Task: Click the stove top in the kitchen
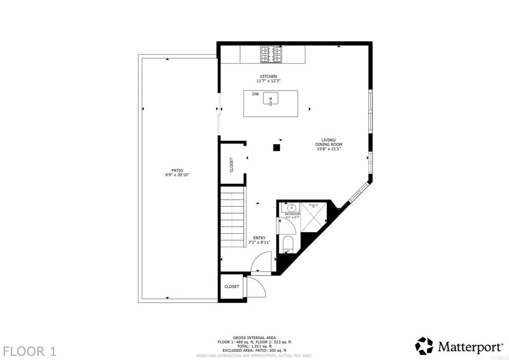pos(271,54)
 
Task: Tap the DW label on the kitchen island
pos(255,94)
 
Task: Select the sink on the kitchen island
pos(271,98)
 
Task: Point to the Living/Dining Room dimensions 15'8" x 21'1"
pos(329,149)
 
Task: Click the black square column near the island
pos(277,147)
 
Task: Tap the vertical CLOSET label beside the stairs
pos(232,165)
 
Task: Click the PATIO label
pos(177,171)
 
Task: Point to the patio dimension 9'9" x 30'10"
pos(177,175)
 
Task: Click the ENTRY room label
pos(259,238)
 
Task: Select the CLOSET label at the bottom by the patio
pos(232,287)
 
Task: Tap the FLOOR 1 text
pos(31,351)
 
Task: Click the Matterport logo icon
pos(424,346)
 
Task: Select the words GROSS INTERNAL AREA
pos(254,338)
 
